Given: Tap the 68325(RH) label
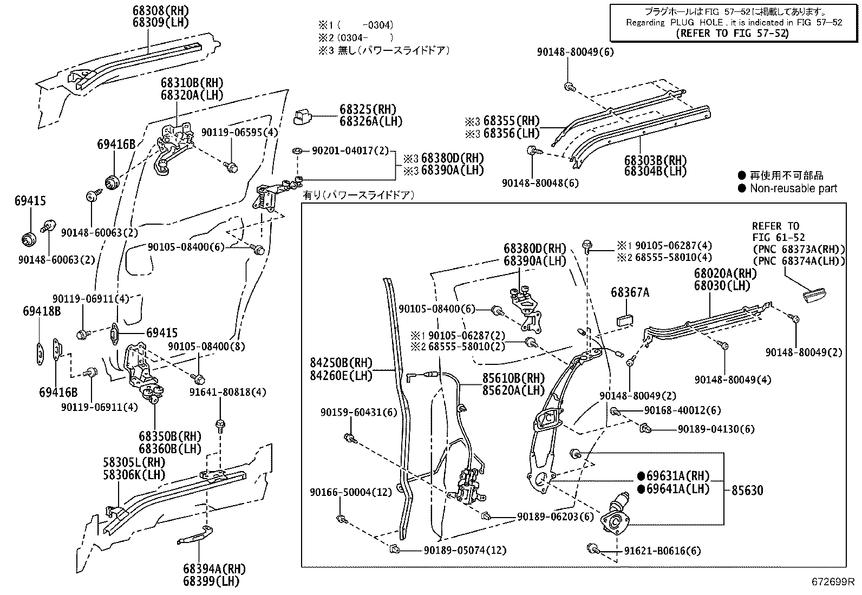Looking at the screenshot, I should click(368, 109).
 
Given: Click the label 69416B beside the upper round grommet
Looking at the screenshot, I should click(116, 144).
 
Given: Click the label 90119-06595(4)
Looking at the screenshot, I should click(239, 132).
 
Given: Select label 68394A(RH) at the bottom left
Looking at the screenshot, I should click(214, 569).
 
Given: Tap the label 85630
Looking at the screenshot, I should click(747, 490).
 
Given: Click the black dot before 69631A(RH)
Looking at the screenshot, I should click(641, 476).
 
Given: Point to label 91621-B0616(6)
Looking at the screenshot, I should click(662, 551).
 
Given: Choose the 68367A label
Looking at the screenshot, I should click(630, 292).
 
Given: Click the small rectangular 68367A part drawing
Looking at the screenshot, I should click(625, 319).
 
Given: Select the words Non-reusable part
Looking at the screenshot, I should click(793, 188).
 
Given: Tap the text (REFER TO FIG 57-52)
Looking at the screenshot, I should click(732, 33).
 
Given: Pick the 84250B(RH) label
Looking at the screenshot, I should click(341, 363).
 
